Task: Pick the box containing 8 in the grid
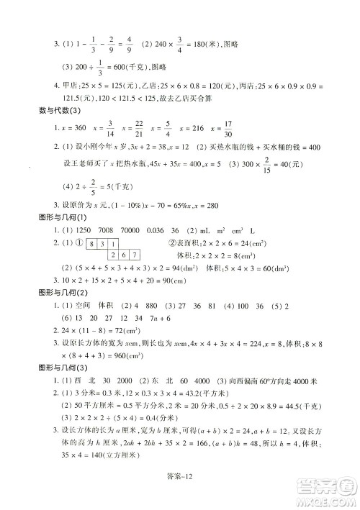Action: click(94, 245)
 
